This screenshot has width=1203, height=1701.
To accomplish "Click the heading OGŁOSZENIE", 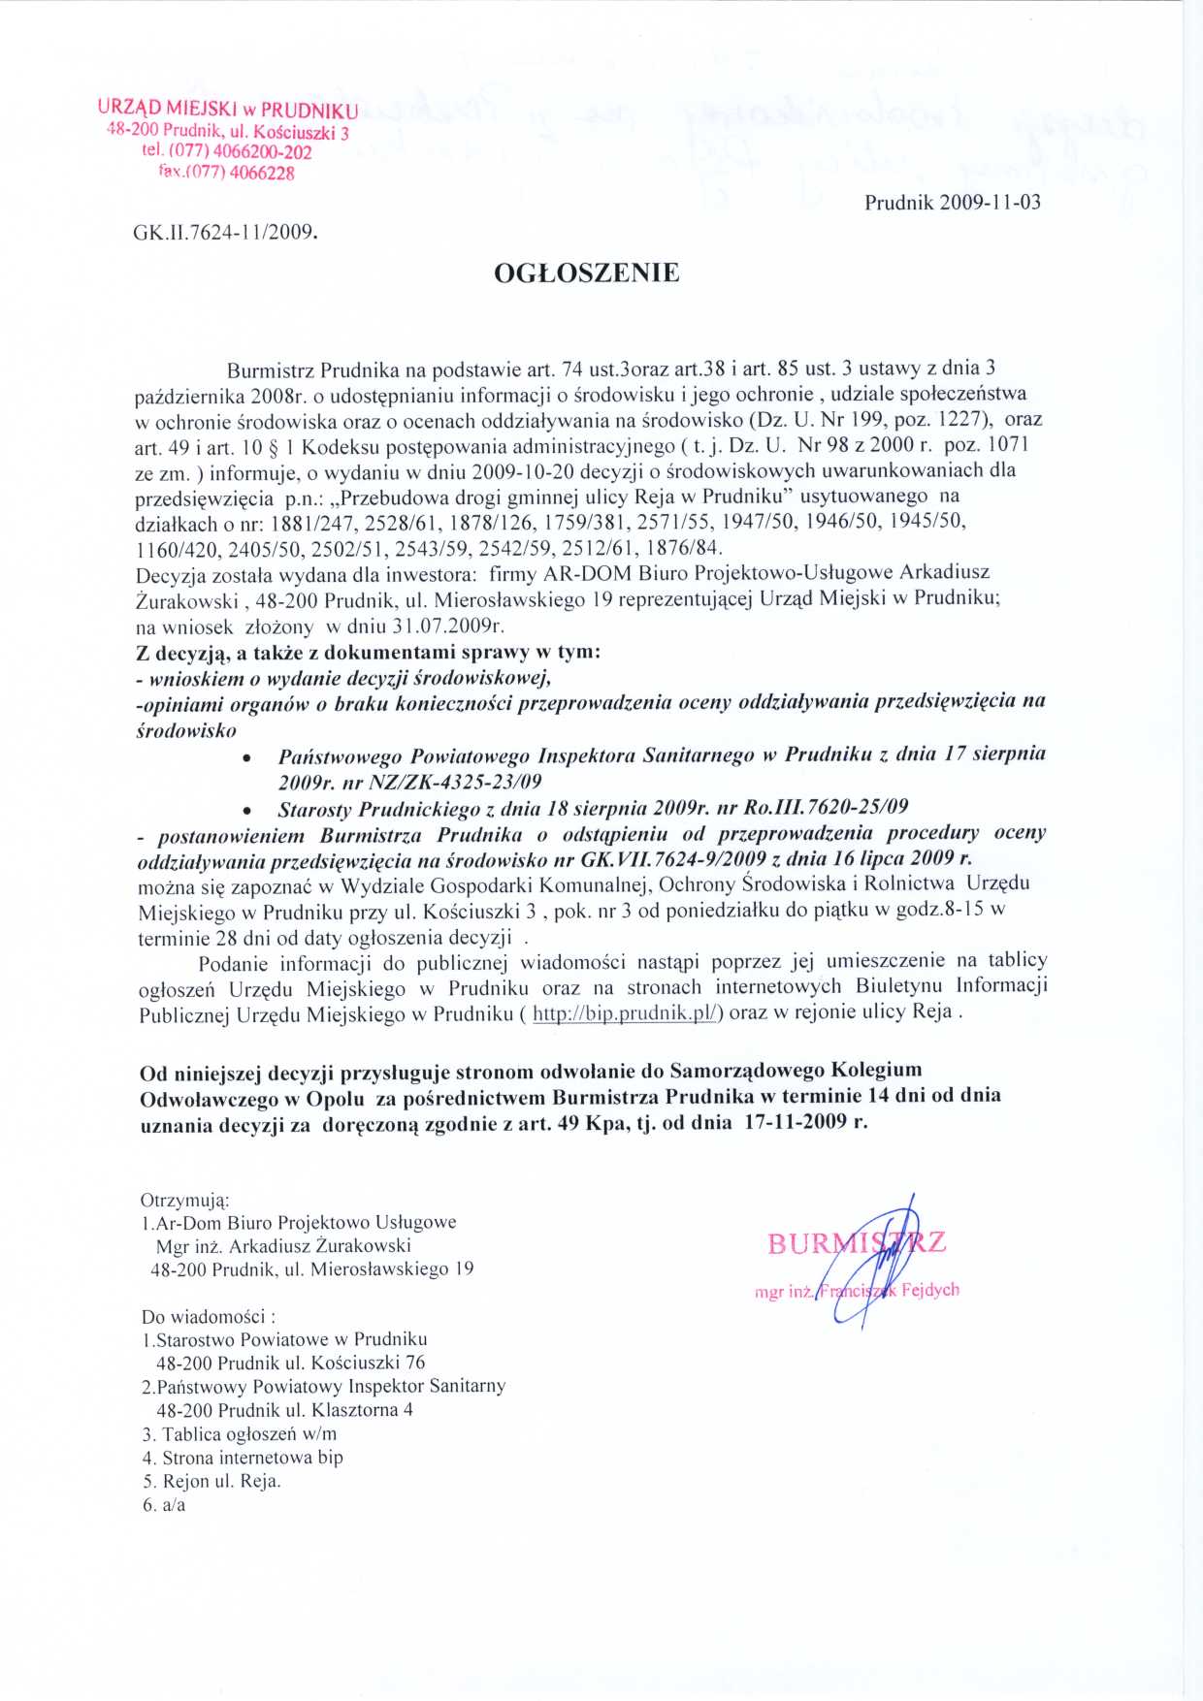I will point(587,273).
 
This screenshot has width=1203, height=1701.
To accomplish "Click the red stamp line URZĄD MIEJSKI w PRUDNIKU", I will point(228,109).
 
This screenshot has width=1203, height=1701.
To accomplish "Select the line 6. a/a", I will point(164,1505).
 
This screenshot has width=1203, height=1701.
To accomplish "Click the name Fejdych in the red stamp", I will point(929,1290).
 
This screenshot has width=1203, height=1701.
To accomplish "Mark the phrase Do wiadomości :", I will point(208,1317).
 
